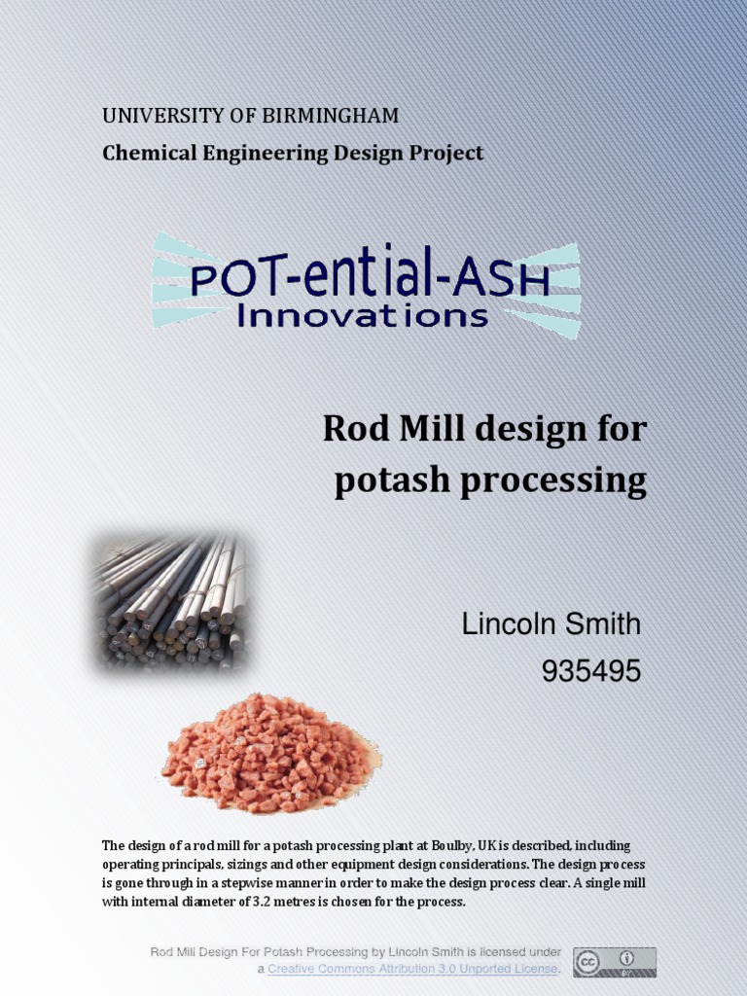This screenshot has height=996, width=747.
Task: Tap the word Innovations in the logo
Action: click(x=363, y=315)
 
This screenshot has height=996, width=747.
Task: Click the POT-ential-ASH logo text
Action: click(x=370, y=279)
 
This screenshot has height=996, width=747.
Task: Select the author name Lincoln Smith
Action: click(x=551, y=624)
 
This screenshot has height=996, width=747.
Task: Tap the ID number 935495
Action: click(x=590, y=671)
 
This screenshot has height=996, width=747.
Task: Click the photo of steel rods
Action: click(x=169, y=601)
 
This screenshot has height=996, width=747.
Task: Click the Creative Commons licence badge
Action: click(x=614, y=962)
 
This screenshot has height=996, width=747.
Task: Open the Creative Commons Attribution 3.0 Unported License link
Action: click(x=413, y=969)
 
